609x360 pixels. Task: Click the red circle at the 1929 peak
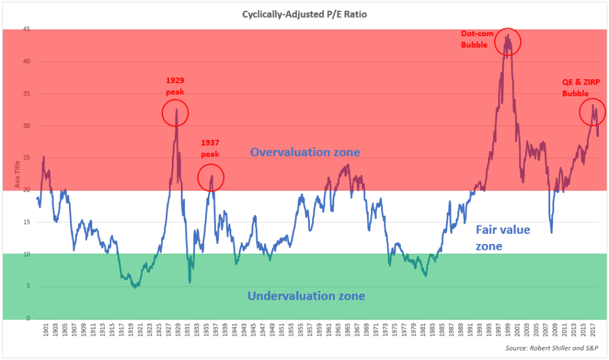tap(175, 112)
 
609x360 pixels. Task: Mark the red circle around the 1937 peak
tap(211, 177)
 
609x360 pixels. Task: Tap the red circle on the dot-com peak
tap(507, 42)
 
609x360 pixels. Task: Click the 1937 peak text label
tap(210, 148)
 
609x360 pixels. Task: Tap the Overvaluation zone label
tap(304, 152)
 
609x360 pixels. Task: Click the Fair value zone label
tap(503, 237)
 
